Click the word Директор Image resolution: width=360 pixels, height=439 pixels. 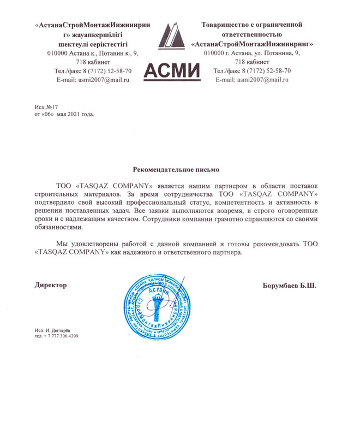coord(50,285)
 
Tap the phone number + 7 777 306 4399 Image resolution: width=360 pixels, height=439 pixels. coord(59,336)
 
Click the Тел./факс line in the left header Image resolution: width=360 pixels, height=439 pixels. coord(93,71)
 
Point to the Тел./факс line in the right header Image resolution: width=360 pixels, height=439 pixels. coord(252,71)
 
